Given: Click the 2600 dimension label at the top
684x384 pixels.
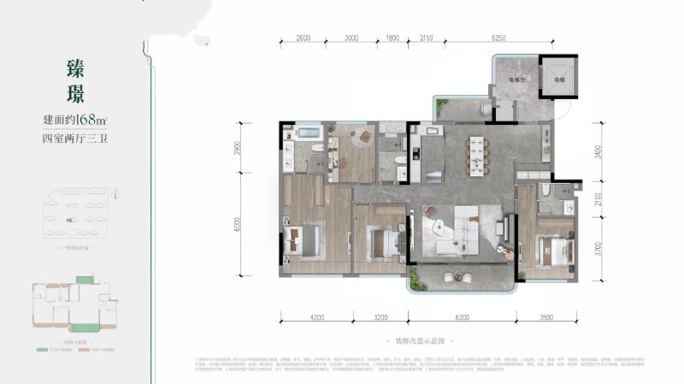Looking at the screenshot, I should [x=298, y=38].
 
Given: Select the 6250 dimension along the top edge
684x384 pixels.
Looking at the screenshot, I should [x=523, y=38].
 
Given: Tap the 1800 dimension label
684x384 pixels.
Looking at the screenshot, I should [x=392, y=38].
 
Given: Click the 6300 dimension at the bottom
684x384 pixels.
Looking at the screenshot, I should [x=463, y=326].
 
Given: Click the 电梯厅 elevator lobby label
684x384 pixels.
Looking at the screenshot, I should [x=517, y=80].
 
